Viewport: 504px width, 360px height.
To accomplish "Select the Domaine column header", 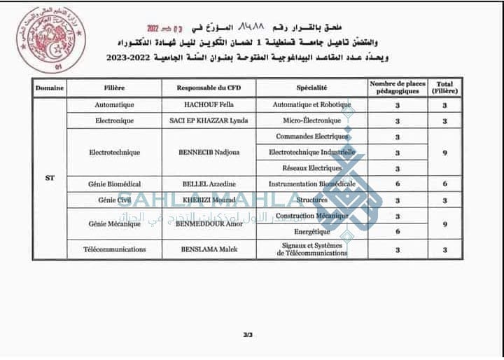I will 50,88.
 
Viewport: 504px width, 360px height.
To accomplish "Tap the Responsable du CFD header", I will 208,88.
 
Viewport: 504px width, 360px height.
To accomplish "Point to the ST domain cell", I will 50,178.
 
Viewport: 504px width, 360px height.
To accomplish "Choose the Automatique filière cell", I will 113,104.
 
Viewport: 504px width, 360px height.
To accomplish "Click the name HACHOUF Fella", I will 208,104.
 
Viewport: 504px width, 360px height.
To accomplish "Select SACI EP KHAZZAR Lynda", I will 208,120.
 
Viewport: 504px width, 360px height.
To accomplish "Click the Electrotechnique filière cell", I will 113,152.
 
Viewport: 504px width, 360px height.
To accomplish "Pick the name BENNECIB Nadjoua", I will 208,152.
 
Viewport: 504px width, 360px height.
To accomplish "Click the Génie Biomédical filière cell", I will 113,184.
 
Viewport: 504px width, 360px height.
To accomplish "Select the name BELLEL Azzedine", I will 208,184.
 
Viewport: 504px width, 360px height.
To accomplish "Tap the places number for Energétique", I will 398,231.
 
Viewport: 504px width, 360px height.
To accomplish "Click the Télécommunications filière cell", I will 113,249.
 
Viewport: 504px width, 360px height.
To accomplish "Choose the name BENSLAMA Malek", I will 208,249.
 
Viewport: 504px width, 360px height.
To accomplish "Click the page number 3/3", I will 247,335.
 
